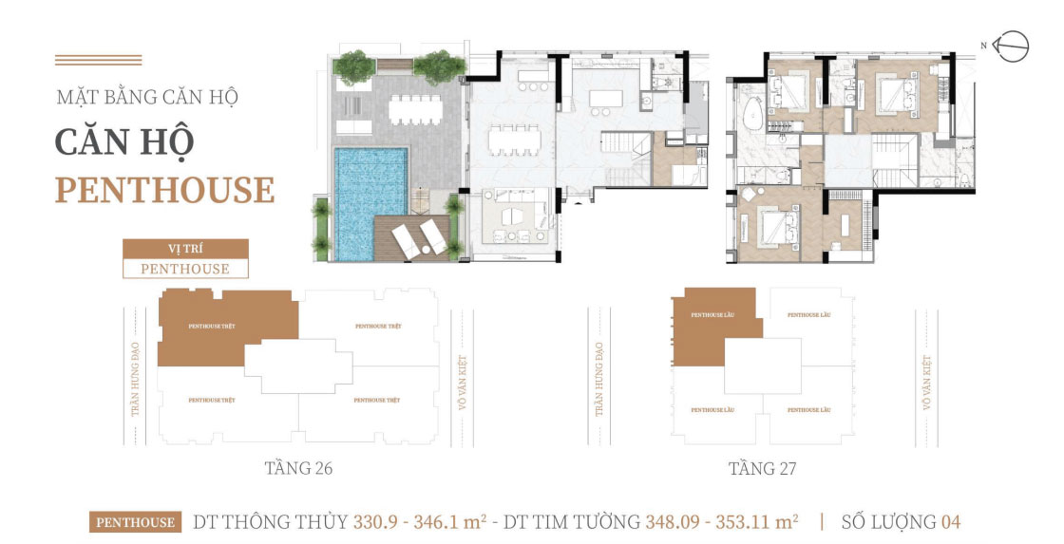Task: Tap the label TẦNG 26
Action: click(x=298, y=469)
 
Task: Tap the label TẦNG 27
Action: click(x=762, y=469)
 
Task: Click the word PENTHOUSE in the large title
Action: click(x=164, y=190)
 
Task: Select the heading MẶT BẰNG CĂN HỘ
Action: click(x=146, y=97)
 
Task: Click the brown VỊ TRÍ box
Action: click(x=185, y=249)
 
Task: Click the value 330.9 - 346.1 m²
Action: click(x=420, y=521)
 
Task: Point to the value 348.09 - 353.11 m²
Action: click(x=721, y=521)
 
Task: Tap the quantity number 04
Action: click(x=950, y=521)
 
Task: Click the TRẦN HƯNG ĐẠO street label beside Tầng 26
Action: click(x=136, y=380)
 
